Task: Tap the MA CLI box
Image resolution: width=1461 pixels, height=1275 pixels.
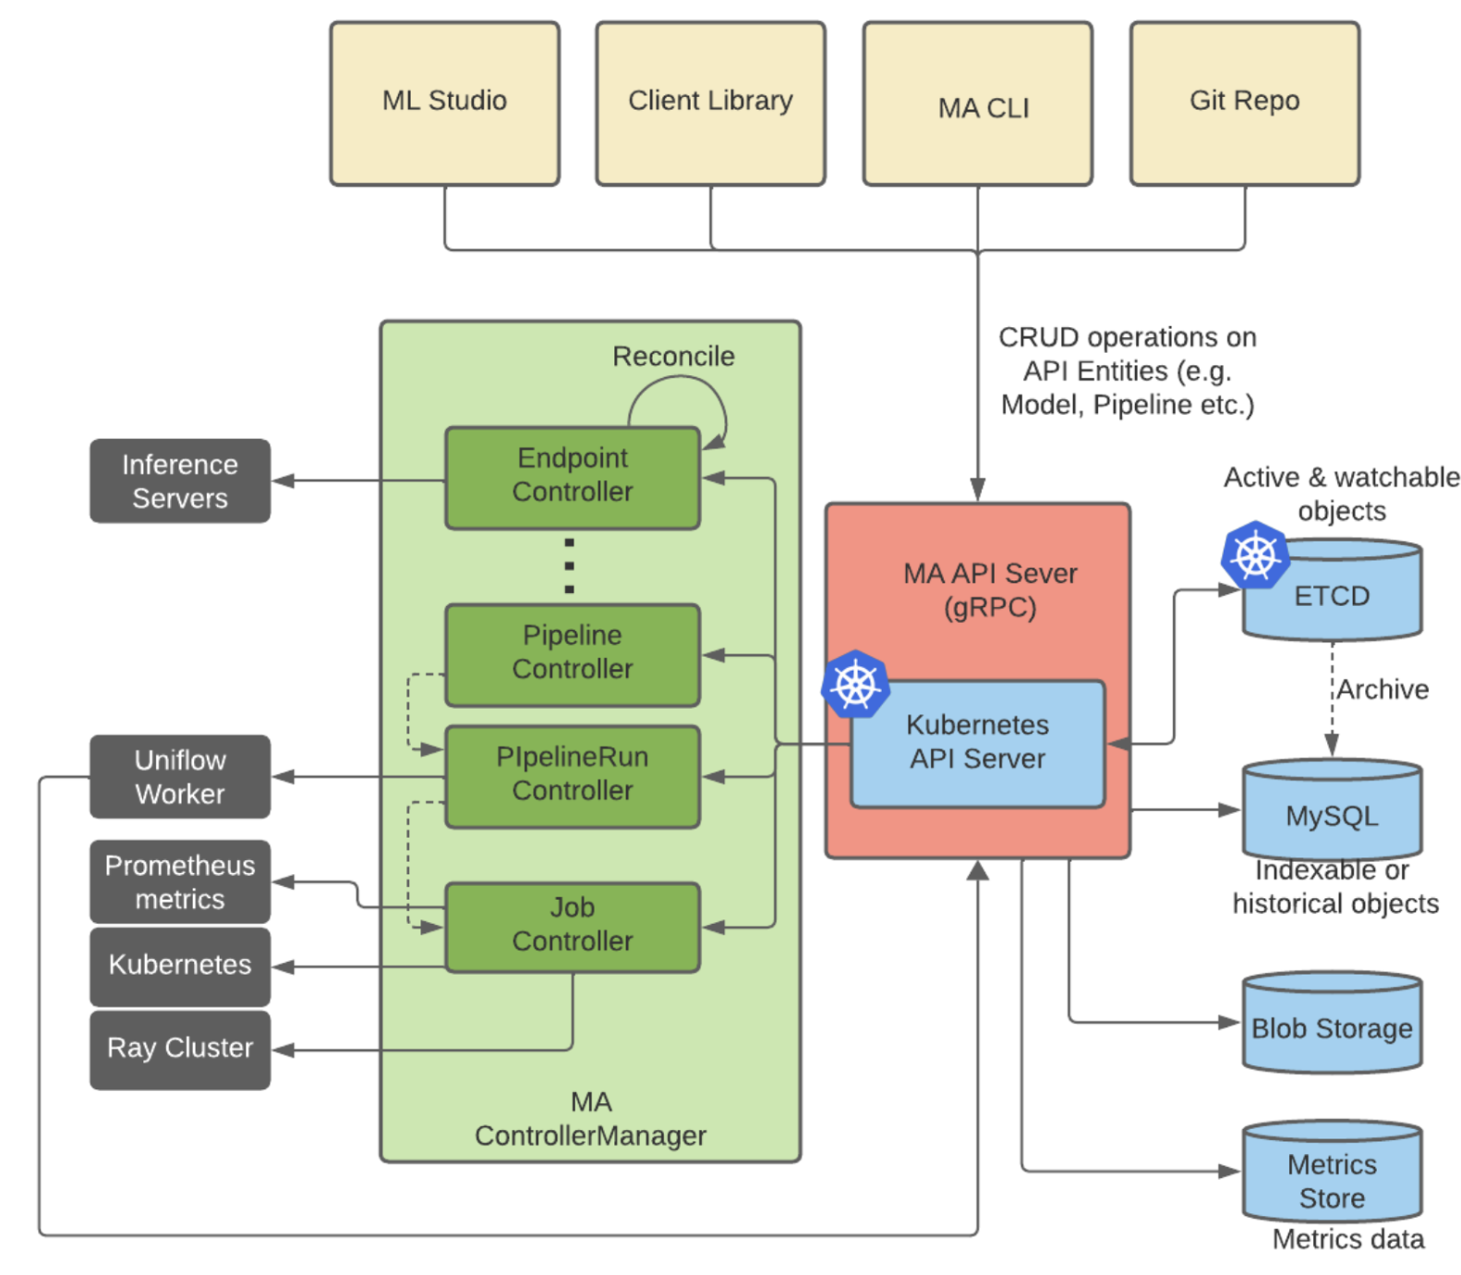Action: (x=977, y=103)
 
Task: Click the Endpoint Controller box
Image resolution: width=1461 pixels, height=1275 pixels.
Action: (x=572, y=477)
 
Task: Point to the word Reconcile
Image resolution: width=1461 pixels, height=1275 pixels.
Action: (x=673, y=357)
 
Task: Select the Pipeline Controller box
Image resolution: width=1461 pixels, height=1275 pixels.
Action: (x=572, y=654)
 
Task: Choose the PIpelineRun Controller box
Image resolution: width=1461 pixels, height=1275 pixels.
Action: (x=572, y=775)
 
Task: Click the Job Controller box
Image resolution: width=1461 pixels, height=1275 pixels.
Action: (x=572, y=926)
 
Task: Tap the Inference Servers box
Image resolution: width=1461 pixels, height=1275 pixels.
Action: (x=179, y=480)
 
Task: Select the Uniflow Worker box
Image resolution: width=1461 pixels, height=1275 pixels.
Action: (x=179, y=776)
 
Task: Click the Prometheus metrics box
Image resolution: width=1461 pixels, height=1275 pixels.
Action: (x=179, y=881)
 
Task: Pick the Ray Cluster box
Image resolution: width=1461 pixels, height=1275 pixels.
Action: (x=179, y=1049)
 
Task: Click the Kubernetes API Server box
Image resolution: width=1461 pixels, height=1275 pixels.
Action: (x=977, y=743)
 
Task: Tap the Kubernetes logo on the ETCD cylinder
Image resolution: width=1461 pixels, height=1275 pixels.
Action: (x=1254, y=555)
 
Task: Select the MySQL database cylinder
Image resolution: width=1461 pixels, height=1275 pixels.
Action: (x=1331, y=811)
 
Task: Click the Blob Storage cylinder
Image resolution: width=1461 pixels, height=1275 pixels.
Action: (x=1331, y=1023)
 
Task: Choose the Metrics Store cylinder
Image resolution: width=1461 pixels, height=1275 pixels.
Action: (x=1331, y=1173)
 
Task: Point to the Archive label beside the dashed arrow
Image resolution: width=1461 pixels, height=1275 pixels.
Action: (x=1382, y=689)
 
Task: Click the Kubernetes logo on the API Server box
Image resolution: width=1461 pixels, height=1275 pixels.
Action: (x=855, y=685)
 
